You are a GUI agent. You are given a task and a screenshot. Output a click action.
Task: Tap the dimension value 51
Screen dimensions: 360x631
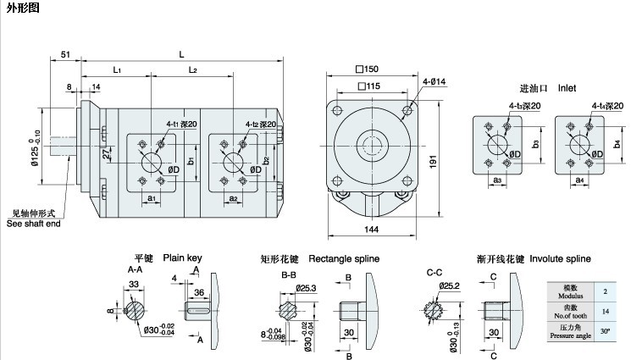(65, 55)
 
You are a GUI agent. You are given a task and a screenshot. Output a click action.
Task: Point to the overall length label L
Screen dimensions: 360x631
(181, 54)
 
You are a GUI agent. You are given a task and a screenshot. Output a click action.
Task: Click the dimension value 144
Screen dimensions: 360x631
(372, 230)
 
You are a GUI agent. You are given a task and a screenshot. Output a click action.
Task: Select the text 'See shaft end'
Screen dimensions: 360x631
(34, 224)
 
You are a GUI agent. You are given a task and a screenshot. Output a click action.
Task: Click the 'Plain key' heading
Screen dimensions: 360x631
(183, 258)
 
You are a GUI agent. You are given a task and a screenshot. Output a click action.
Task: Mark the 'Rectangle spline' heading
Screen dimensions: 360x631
(344, 258)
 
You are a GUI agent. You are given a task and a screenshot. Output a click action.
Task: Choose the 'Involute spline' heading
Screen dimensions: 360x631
(560, 258)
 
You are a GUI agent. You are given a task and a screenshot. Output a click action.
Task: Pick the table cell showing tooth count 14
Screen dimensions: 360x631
(603, 311)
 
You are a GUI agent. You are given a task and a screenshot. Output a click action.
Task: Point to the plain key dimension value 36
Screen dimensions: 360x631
(199, 291)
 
